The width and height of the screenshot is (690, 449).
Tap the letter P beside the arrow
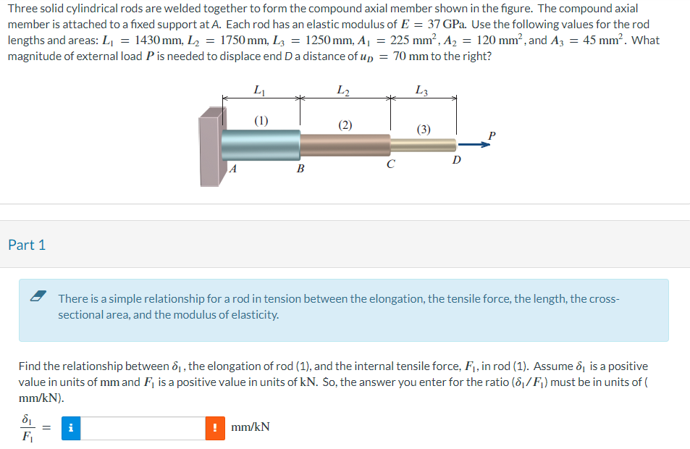[492, 135]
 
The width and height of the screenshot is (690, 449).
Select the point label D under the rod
[456, 159]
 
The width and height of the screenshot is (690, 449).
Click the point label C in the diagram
[390, 164]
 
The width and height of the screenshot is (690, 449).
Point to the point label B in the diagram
[300, 169]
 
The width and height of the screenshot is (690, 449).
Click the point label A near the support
[232, 169]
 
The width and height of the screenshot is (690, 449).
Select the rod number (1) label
[261, 120]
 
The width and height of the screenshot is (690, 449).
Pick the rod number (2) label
[345, 125]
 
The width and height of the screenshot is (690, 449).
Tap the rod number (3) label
[424, 130]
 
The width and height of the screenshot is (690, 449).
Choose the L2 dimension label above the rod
[344, 91]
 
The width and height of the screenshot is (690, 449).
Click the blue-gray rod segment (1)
[261, 145]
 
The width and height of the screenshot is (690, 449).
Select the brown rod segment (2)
[345, 145]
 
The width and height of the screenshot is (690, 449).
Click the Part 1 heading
[27, 245]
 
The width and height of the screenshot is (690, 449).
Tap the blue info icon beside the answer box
[70, 428]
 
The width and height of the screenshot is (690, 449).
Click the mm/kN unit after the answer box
[251, 427]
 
